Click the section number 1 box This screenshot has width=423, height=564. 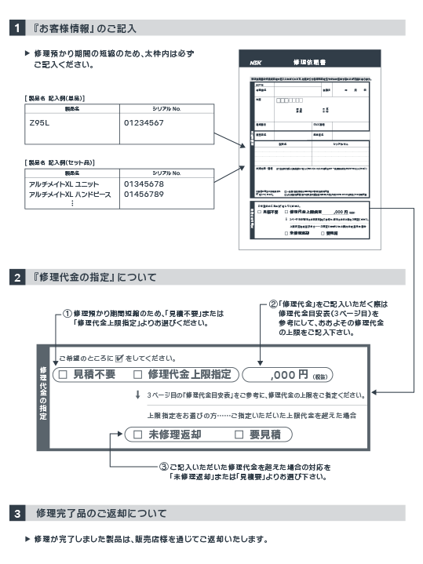click(18, 29)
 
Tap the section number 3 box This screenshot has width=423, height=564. click(18, 514)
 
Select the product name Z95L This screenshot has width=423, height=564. click(39, 123)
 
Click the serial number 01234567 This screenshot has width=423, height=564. click(144, 123)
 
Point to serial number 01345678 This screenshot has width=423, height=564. click(144, 184)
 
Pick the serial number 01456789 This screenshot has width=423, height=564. click(144, 194)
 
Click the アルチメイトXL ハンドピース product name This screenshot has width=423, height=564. click(67, 194)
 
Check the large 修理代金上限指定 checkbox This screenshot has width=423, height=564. click(138, 374)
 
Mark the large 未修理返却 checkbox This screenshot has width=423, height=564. click(137, 434)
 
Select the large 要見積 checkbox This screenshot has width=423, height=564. click(240, 434)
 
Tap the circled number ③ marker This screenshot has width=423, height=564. click(163, 466)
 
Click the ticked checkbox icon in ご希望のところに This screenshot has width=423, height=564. click(119, 357)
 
